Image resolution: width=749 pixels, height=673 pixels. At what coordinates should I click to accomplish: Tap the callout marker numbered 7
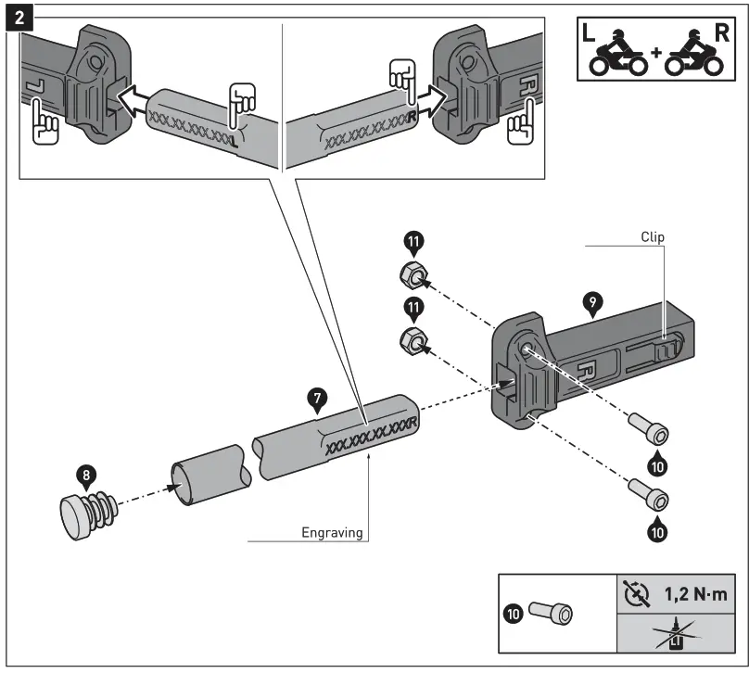tap(318, 400)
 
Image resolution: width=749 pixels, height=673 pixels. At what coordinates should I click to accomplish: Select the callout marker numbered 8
tap(86, 476)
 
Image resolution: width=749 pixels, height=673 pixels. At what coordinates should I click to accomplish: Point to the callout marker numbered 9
tap(590, 301)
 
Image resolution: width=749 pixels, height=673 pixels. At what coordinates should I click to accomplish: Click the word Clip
tap(654, 236)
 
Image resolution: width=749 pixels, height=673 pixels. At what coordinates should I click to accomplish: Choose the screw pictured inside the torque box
tap(551, 613)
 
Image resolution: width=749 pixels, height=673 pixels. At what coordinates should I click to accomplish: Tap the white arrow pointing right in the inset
tap(429, 94)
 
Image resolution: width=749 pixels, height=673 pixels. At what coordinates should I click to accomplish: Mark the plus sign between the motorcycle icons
tap(657, 53)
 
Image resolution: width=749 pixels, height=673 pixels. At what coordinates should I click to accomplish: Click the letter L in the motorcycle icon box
tap(590, 33)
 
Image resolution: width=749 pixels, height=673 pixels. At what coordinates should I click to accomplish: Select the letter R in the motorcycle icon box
tap(723, 33)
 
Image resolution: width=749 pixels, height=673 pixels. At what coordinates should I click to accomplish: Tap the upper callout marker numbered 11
tap(413, 243)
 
